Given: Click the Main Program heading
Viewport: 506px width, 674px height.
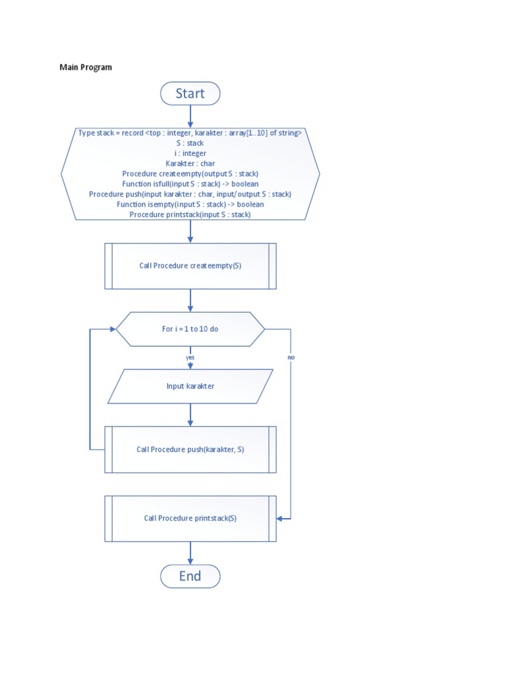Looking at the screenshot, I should pos(86,67).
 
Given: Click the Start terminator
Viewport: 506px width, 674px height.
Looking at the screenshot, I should pos(190,93).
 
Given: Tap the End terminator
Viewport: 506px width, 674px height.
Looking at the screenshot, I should pos(190,576).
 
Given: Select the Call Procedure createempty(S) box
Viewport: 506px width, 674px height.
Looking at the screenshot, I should pos(190,266).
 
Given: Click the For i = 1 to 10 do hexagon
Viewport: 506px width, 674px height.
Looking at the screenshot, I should pos(190,328).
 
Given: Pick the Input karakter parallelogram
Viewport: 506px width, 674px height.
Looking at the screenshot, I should pos(190,386).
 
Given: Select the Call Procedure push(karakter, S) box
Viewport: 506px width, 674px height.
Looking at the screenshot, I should pos(190,450).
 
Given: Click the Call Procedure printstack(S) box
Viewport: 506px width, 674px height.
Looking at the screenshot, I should pos(190,518).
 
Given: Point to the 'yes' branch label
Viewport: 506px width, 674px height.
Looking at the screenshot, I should pos(190,357).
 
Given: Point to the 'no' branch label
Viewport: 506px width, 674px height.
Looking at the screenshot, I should pos(291,357).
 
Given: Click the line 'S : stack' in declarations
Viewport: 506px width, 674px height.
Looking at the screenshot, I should pos(190,143).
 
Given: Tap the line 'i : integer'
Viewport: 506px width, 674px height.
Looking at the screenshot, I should pos(190,153).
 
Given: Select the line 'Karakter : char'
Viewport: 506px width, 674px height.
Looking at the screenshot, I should pos(190,163).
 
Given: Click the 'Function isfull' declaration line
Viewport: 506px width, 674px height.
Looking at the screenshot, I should pos(190,184).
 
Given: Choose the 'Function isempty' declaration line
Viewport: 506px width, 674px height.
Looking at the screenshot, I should pos(190,204).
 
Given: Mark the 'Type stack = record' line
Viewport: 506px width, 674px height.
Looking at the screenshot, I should pos(190,133).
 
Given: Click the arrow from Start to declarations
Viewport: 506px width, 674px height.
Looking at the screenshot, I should pos(190,116).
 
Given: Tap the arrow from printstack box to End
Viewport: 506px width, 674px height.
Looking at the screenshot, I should pos(190,553).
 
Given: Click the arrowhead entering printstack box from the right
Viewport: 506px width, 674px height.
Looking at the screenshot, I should pos(280,519).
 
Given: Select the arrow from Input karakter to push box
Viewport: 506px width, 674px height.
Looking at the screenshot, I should pos(190,415).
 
